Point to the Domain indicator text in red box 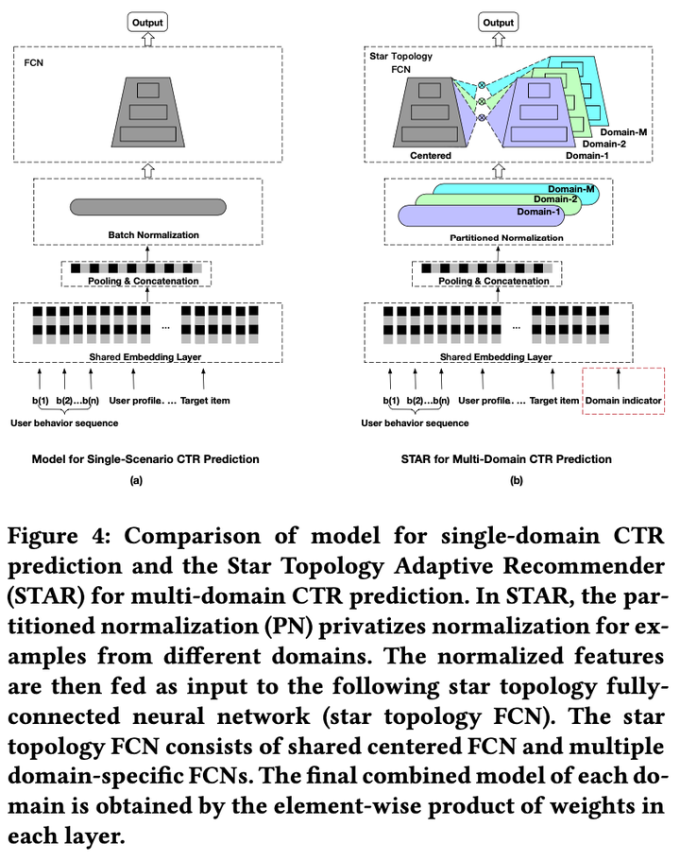[623, 401]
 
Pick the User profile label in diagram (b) [488, 401]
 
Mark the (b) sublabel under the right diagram [517, 480]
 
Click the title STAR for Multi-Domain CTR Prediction [517, 458]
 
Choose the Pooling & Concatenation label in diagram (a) [144, 281]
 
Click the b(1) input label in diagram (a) [39, 401]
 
